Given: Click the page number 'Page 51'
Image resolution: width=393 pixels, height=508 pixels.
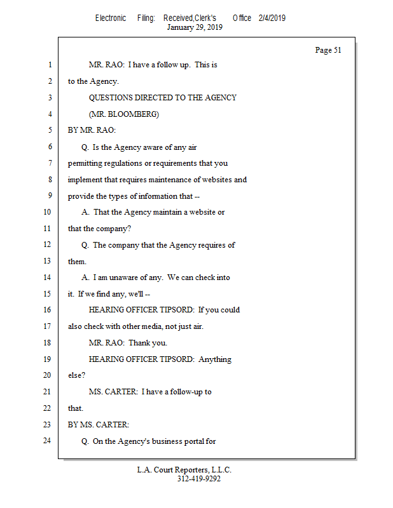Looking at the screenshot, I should [328, 50].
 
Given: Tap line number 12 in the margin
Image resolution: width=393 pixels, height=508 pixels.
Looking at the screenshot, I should [48, 244].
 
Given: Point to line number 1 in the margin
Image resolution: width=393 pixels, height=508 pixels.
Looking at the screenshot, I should [49, 65].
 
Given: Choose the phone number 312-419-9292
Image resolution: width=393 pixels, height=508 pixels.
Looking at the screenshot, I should [199, 479].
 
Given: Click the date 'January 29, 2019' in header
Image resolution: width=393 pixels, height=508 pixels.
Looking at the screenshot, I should [195, 27].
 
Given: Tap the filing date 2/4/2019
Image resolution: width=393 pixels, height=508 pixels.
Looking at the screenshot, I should [272, 18].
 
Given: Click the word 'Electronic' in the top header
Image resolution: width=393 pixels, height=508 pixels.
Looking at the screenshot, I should [111, 18].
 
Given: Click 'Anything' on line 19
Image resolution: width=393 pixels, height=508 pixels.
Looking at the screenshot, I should [215, 359].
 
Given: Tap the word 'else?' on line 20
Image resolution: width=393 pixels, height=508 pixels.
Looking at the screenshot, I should [76, 375].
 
